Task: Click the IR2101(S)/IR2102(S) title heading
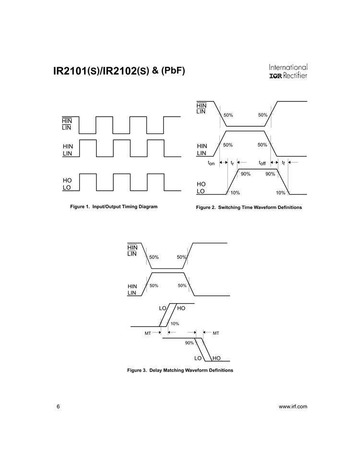[x=118, y=72]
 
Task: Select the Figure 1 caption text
[x=114, y=207]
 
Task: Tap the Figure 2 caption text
[x=249, y=208]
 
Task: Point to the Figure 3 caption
[x=180, y=370]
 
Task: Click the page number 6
[x=58, y=406]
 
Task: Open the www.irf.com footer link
[x=293, y=406]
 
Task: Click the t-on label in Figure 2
[x=211, y=163]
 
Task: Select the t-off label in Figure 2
[x=264, y=163]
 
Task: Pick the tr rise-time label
[x=232, y=163]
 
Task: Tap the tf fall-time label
[x=284, y=163]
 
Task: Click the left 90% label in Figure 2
[x=245, y=174]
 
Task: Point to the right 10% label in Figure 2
[x=281, y=193]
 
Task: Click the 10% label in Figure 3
[x=175, y=323]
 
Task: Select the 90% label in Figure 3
[x=189, y=343]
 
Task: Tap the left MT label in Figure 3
[x=148, y=332]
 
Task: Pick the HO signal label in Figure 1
[x=67, y=180]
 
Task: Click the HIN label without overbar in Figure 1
[x=68, y=146]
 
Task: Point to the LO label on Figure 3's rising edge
[x=162, y=307]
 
